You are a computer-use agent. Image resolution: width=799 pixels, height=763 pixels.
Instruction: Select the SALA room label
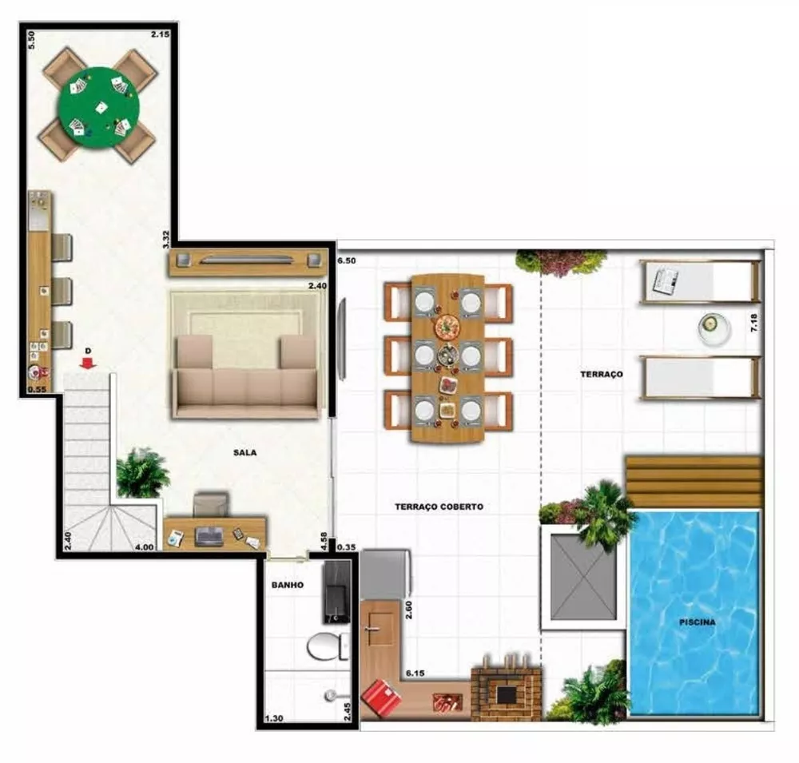(245, 452)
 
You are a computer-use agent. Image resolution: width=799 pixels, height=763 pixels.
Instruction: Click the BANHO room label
(287, 585)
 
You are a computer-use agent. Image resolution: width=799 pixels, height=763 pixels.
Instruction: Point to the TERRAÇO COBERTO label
(439, 507)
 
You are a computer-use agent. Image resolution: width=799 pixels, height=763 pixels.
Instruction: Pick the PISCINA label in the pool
(698, 622)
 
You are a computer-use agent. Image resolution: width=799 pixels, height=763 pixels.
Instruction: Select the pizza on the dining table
(447, 327)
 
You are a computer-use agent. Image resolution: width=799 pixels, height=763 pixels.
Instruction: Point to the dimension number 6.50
(347, 261)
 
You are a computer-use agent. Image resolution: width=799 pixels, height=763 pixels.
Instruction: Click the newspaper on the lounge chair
(665, 280)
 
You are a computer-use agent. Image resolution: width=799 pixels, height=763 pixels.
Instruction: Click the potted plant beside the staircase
(142, 473)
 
